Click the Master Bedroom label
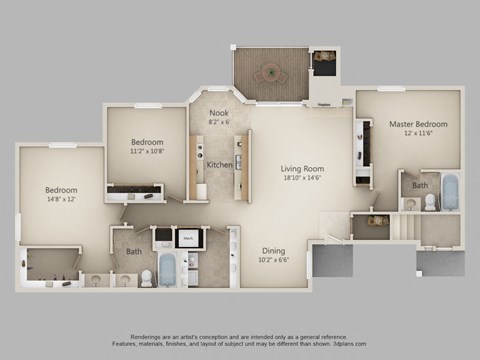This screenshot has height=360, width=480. tap(418, 124)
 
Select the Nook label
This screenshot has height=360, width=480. tap(219, 113)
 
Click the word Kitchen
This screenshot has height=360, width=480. tap(220, 165)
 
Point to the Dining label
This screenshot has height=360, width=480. tap(274, 250)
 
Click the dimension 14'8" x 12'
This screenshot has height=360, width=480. tap(60, 199)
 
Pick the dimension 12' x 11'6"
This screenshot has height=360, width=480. tap(418, 134)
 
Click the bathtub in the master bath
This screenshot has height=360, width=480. tap(450, 194)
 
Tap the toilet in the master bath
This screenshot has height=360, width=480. tap(430, 202)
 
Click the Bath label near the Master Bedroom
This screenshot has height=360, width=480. tap(421, 185)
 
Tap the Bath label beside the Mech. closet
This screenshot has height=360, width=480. tap(134, 252)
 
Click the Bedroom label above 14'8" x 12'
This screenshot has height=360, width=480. tap(60, 189)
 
